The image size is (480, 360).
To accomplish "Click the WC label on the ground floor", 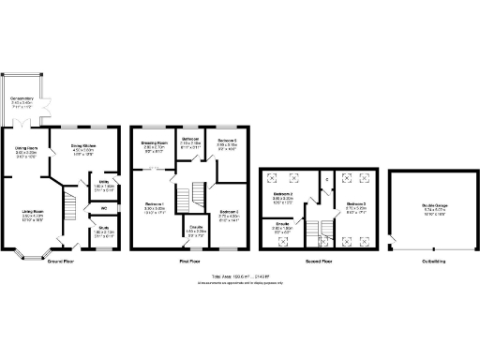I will (x=104, y=207).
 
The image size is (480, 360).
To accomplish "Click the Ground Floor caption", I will (x=61, y=262).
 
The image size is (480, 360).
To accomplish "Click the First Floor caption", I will (x=190, y=262).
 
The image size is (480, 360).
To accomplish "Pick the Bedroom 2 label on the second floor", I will (x=284, y=197).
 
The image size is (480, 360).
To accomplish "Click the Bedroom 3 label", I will (x=355, y=205).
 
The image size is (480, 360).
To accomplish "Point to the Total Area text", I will (x=240, y=277).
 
